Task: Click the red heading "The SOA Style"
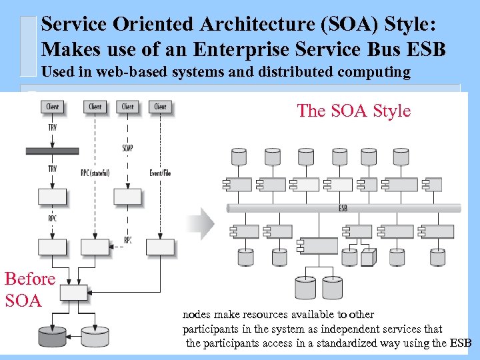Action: pos(353,111)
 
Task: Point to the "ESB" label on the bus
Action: pos(343,209)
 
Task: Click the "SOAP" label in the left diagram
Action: pos(128,147)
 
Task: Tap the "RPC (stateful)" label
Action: pos(95,173)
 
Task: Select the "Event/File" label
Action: pos(160,173)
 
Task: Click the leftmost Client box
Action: pos(52,107)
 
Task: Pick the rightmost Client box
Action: pos(160,107)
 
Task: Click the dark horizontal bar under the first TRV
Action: pos(52,151)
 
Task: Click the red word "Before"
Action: pos(29,278)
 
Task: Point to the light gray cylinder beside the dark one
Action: pos(95,336)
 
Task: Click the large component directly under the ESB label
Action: pos(319,245)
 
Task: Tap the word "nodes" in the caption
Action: pos(197,315)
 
